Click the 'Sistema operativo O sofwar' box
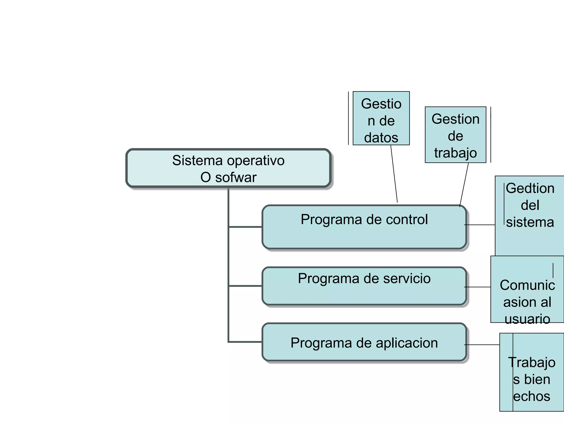228,168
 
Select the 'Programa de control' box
364,227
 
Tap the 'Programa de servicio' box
364,286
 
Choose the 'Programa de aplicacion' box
364,342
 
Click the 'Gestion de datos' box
381,118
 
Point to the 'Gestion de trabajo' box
455,135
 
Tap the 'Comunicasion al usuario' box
527,289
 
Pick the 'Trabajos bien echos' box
532,372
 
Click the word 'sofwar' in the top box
236,177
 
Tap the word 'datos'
381,137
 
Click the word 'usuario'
527,319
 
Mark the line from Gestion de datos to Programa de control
394,173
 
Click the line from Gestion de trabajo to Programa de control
464,185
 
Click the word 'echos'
532,396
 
